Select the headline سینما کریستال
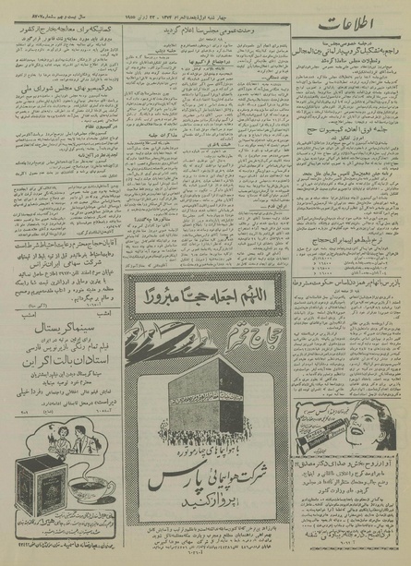pos(62,354)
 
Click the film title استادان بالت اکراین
pos(62,379)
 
